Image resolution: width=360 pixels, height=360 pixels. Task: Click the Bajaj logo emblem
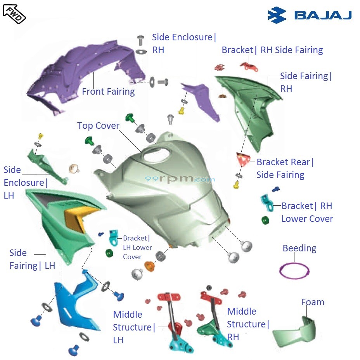click(277, 15)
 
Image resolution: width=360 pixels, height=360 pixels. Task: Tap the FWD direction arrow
click(14, 12)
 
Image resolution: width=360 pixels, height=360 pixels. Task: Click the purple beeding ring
click(294, 270)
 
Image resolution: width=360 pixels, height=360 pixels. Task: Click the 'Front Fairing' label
click(108, 92)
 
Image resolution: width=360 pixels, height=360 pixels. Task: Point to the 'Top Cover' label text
click(98, 126)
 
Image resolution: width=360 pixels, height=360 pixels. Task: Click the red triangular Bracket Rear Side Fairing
click(242, 159)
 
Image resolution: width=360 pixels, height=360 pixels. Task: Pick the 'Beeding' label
click(299, 248)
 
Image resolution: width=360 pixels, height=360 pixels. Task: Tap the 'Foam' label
click(312, 302)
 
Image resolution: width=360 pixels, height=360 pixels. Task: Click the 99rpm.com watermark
click(180, 179)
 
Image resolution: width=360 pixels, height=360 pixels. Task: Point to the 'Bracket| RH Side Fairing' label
click(272, 50)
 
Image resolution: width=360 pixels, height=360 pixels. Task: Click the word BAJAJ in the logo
click(323, 16)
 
